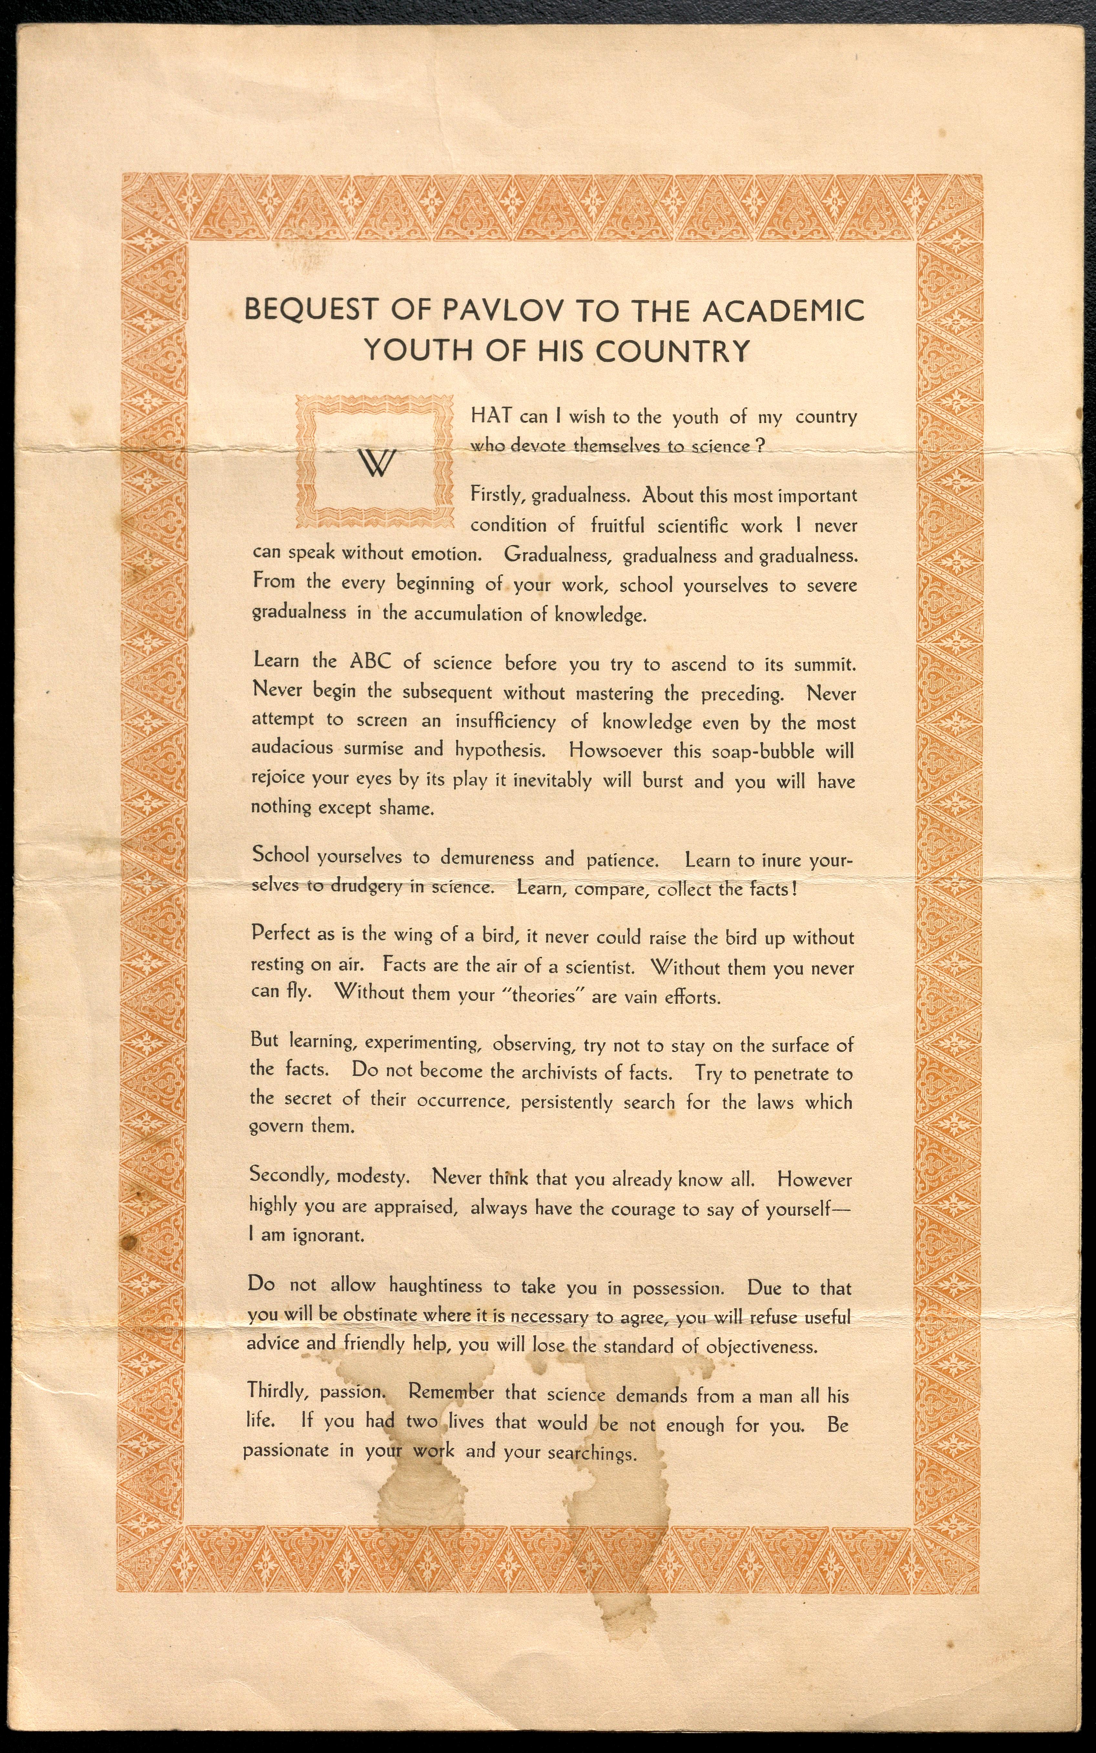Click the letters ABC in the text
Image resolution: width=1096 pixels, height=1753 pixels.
[x=370, y=661]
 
